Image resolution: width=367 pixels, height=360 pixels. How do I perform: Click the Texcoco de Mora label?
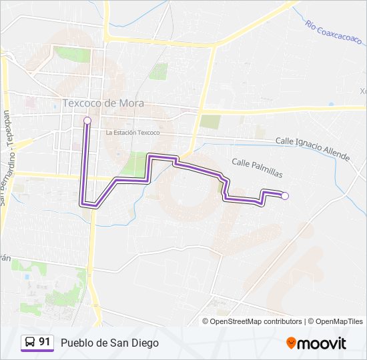click(x=103, y=103)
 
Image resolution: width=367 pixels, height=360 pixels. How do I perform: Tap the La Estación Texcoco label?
click(x=133, y=133)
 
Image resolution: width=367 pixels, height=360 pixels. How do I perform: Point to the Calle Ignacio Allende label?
click(x=312, y=149)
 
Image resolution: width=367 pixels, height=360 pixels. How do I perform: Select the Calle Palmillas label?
click(x=257, y=167)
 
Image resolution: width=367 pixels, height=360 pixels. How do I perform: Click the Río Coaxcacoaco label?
click(x=333, y=33)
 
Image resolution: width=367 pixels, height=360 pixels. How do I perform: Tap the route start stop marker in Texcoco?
click(x=87, y=121)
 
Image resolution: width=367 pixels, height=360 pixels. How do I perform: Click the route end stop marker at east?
click(x=285, y=195)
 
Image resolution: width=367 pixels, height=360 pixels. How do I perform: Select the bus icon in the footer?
click(x=29, y=343)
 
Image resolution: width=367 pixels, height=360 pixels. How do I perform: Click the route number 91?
click(x=45, y=343)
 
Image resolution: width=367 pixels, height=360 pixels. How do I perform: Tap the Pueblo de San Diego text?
click(x=109, y=343)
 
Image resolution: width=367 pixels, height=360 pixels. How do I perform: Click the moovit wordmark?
click(x=322, y=343)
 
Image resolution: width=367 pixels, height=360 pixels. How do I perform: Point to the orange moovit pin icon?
click(x=291, y=343)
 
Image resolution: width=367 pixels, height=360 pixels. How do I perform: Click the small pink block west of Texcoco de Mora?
click(x=29, y=103)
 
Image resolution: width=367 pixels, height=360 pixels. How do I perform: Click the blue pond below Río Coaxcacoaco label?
click(x=332, y=104)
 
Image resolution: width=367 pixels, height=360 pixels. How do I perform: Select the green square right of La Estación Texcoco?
click(x=210, y=121)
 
